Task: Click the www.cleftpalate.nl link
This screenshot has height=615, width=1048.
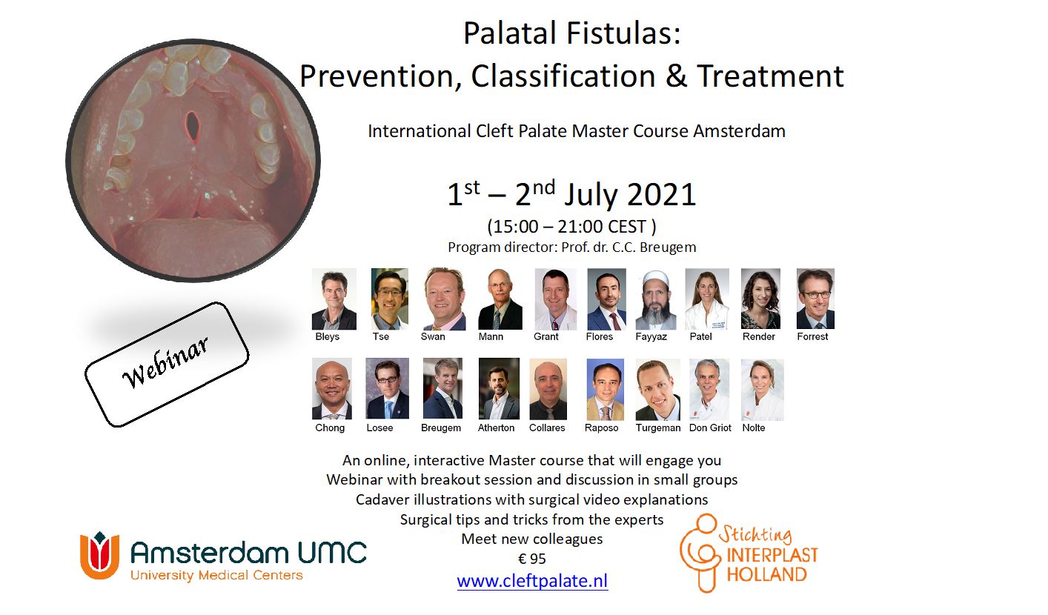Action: click(532, 581)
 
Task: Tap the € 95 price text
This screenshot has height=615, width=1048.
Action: click(532, 559)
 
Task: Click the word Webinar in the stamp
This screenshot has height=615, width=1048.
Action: click(165, 362)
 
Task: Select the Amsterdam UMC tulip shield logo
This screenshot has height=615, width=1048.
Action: click(99, 555)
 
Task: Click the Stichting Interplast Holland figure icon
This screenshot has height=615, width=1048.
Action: click(700, 553)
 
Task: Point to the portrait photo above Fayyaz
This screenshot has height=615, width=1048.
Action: click(655, 299)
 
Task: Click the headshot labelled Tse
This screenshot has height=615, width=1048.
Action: click(390, 299)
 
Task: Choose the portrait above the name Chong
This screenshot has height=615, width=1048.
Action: click(332, 389)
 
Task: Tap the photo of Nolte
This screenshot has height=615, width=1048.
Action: click(763, 390)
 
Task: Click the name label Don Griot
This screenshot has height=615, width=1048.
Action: click(710, 428)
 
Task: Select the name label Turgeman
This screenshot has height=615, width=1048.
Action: click(658, 428)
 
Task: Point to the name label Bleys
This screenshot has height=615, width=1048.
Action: click(327, 336)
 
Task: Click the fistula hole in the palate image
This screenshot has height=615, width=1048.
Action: click(192, 125)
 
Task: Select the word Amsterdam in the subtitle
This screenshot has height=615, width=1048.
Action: click(739, 131)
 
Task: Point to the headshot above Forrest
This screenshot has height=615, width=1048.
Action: click(815, 299)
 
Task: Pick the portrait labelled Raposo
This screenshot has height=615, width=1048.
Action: click(605, 389)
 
